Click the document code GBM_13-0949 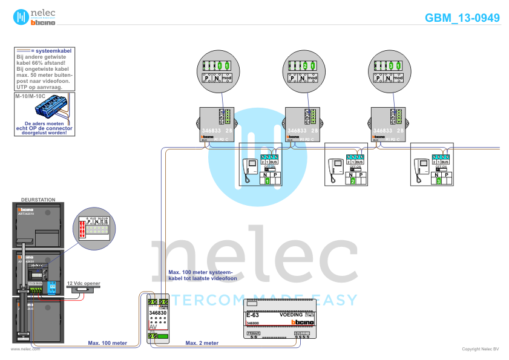pos(462,18)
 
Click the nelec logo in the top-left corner pos(35,17)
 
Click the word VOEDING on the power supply pos(291,315)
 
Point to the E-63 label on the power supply pos(252,315)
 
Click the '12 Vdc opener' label pos(83,283)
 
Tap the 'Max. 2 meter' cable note pos(202,343)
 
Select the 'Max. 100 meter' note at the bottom pos(108,343)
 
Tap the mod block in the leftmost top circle pos(226,78)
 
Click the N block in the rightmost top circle pos(387,78)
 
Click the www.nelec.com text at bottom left pos(25,349)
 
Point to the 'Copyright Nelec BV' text pos(480,349)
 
